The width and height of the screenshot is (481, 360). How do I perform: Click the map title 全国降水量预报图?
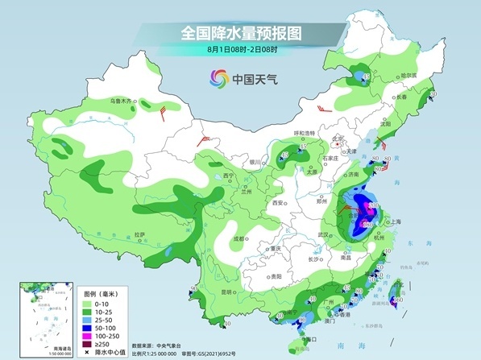pyautogui.click(x=240, y=33)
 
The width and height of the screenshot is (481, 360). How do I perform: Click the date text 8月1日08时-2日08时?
pyautogui.click(x=240, y=50)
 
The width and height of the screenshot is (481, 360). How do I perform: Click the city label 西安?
pyautogui.click(x=279, y=204)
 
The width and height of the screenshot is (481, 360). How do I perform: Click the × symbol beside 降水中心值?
pyautogui.click(x=86, y=351)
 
